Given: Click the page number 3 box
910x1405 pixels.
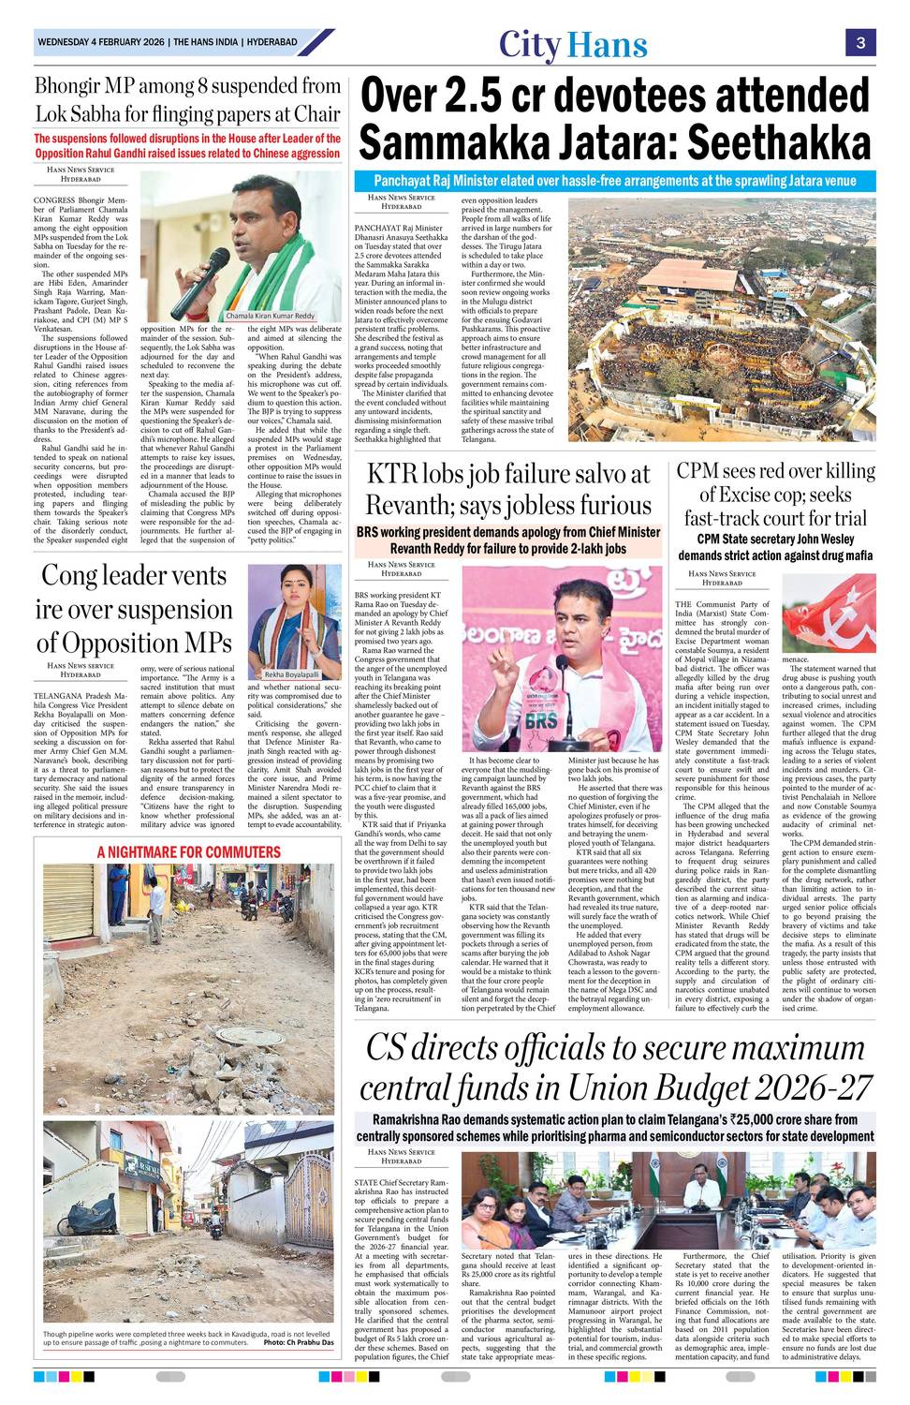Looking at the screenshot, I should point(859,42).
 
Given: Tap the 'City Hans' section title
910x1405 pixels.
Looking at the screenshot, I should point(573,44).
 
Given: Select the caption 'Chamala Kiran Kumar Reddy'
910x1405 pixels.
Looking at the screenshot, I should point(271,316).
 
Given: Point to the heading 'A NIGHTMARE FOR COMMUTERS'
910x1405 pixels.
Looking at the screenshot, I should point(188,851).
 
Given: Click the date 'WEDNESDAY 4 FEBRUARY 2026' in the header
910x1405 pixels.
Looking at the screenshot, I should point(102,42).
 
